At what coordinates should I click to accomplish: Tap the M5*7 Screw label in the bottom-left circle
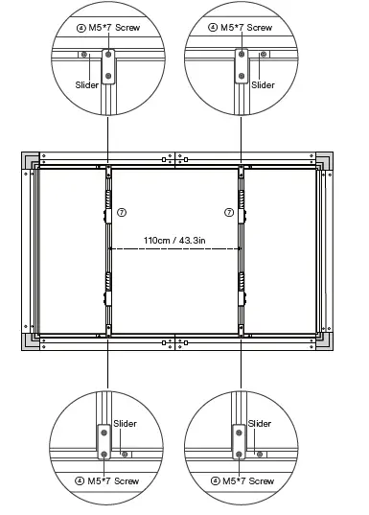click(x=113, y=480)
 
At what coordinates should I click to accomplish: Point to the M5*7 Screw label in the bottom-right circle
click(x=246, y=480)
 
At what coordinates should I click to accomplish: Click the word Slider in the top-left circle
click(x=86, y=85)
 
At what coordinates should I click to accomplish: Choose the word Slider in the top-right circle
click(x=262, y=85)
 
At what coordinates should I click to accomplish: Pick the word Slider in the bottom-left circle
click(x=125, y=423)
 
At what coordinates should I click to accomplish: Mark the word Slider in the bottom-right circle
click(x=259, y=423)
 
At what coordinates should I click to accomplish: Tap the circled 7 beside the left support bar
click(x=121, y=212)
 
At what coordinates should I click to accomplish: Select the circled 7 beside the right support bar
click(x=228, y=212)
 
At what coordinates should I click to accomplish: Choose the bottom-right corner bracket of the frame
click(x=324, y=343)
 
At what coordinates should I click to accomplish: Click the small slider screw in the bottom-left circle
click(x=125, y=453)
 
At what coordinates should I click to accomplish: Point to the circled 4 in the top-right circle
click(x=213, y=28)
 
